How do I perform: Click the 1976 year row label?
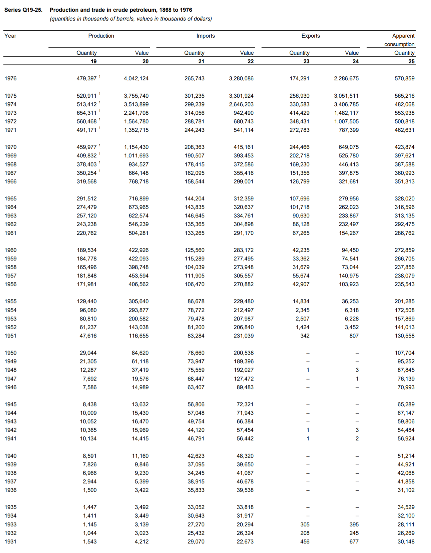[10, 78]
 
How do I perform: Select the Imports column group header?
[205, 36]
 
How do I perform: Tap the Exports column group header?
[310, 36]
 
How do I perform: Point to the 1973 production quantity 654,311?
[86, 113]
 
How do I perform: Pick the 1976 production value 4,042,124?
[136, 78]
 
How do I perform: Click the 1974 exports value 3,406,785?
[346, 104]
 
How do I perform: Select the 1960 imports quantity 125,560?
[194, 250]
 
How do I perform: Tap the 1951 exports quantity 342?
[305, 336]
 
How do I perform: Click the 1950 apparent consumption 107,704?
[404, 353]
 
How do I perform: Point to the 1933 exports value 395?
[354, 524]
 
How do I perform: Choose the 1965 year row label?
[10, 198]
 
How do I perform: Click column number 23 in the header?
[306, 61]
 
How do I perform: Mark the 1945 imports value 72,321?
[245, 404]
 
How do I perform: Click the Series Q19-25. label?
[23, 10]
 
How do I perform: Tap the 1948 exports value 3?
[357, 370]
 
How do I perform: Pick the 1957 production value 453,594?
[139, 276]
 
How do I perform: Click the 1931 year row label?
[10, 541]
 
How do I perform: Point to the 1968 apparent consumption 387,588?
[404, 164]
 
